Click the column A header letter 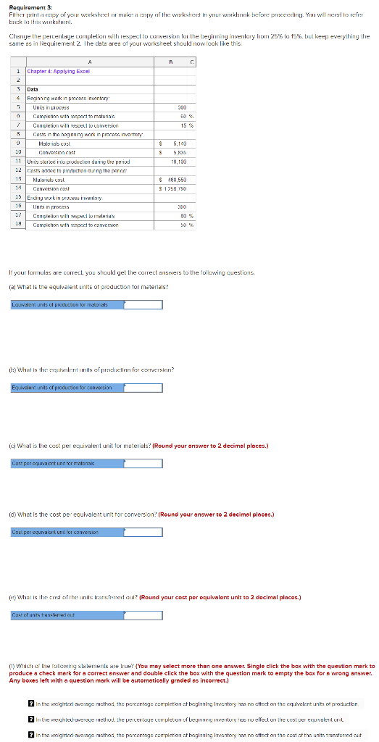(88, 62)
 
